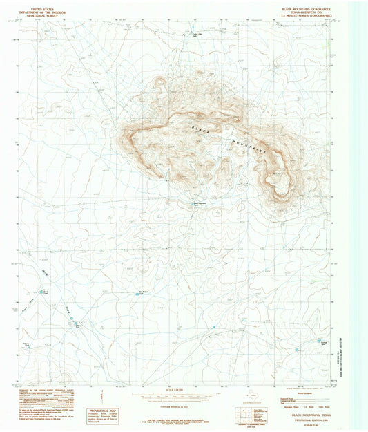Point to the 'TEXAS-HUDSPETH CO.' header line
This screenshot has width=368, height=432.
click(305, 10)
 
